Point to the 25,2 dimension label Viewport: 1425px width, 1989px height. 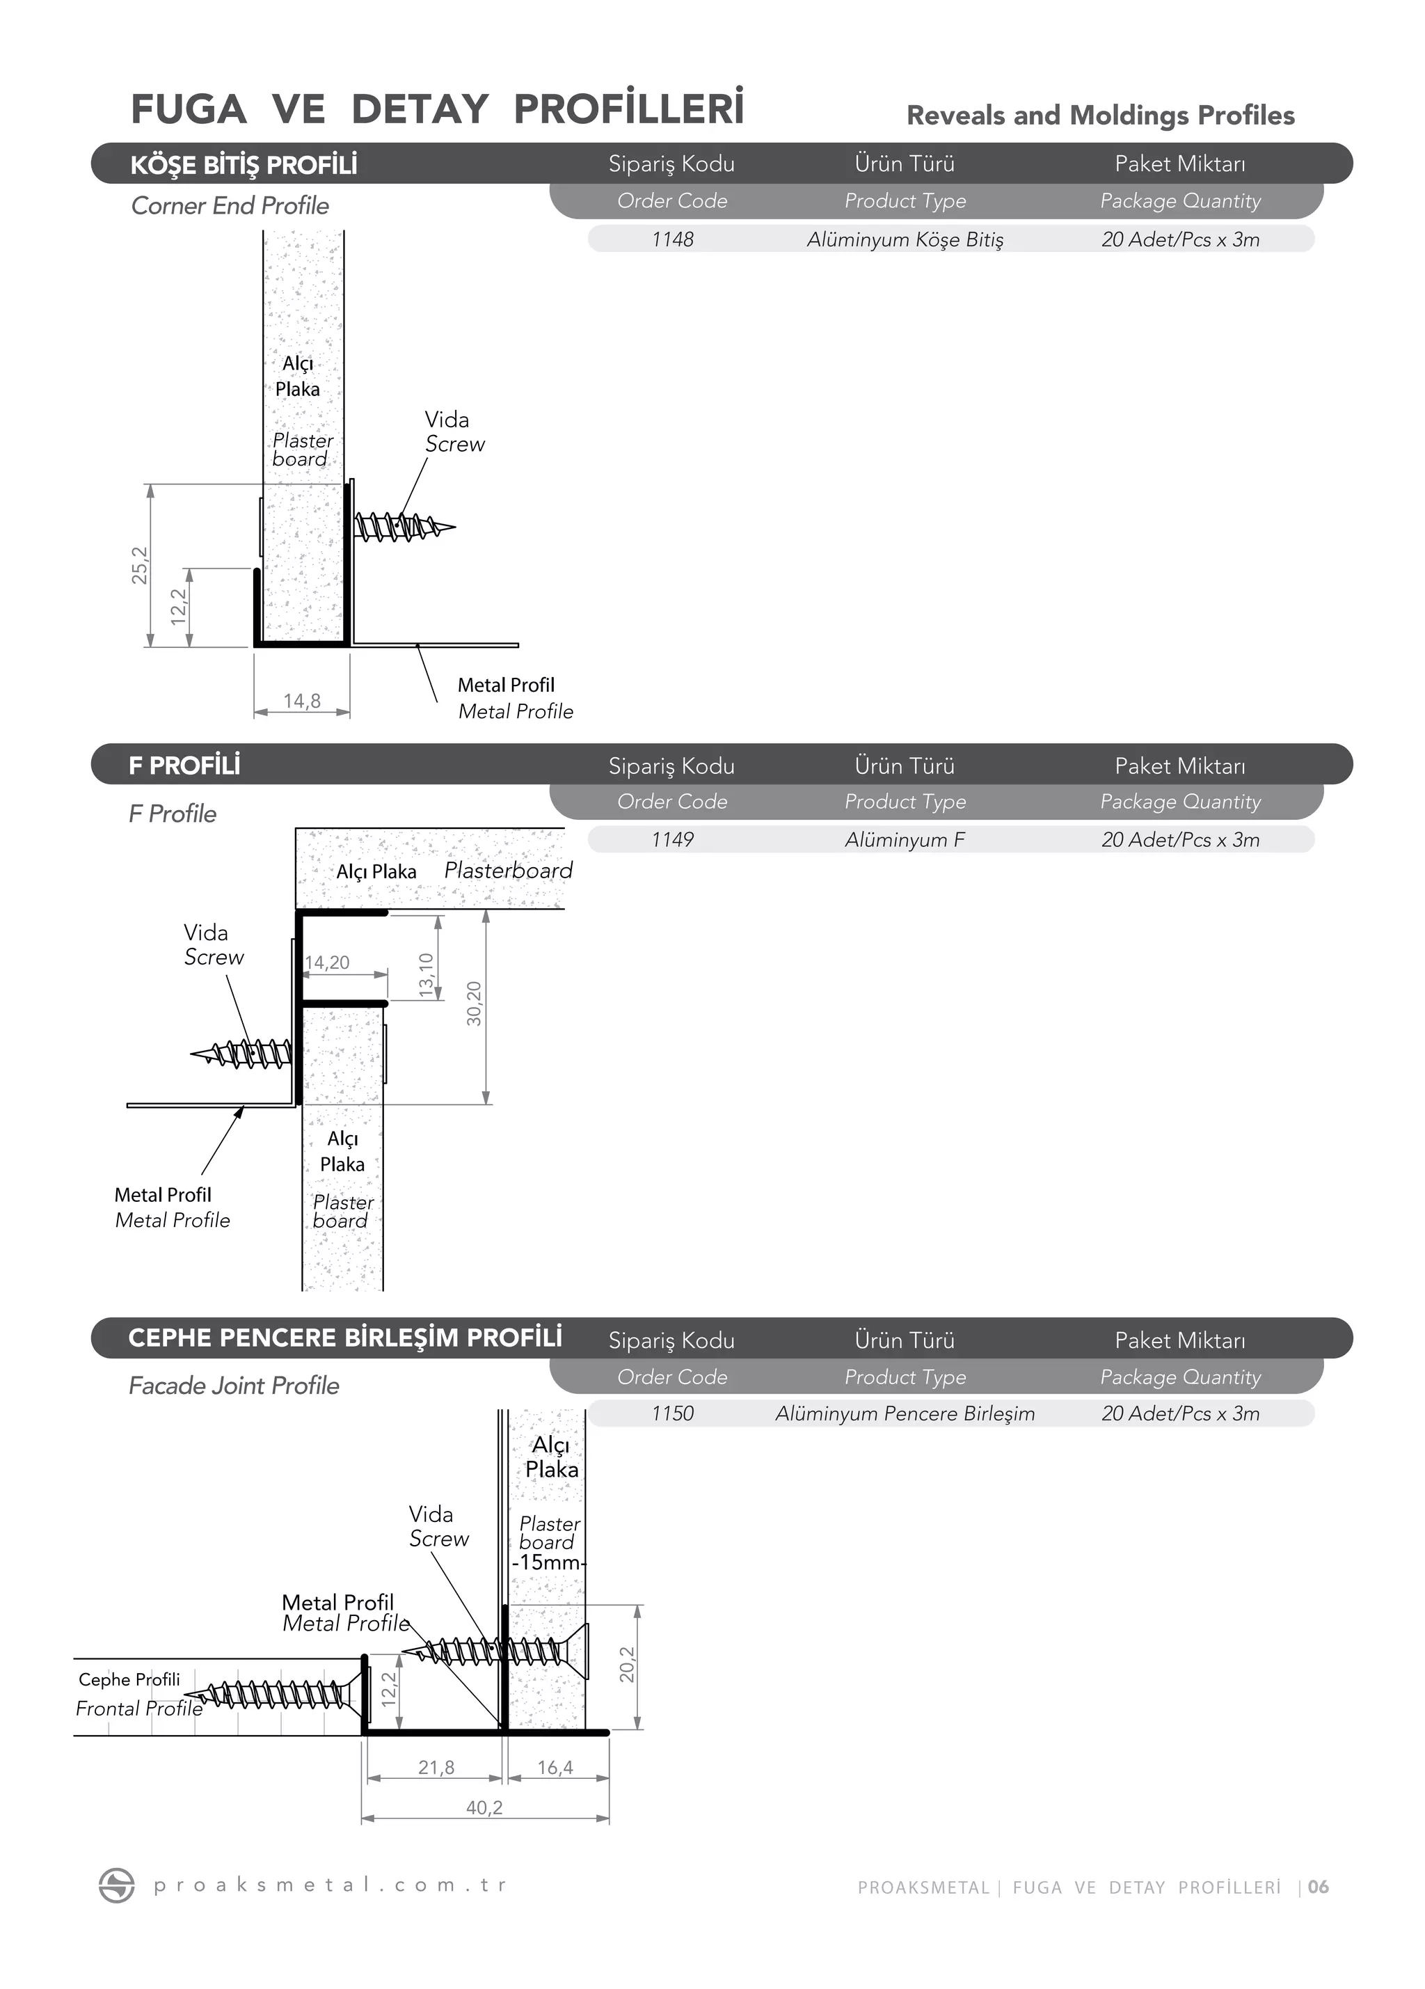(x=139, y=565)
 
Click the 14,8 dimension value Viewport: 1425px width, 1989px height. (x=302, y=701)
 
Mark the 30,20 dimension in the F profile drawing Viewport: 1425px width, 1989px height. (x=474, y=1004)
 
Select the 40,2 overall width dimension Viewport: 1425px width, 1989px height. (x=484, y=1807)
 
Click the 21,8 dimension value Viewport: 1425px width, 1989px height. (x=436, y=1766)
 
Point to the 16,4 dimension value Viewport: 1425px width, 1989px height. (x=555, y=1766)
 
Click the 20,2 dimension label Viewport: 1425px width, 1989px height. (x=627, y=1665)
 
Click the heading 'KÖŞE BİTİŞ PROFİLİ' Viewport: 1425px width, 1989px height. (x=244, y=165)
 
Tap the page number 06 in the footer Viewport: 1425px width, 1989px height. (x=1318, y=1887)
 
